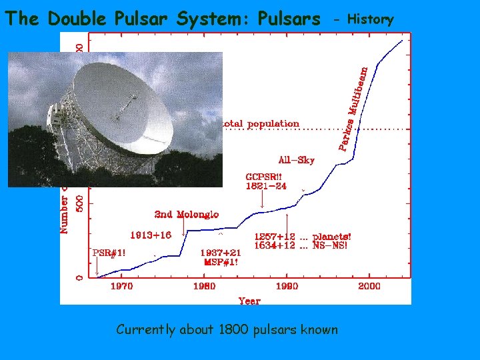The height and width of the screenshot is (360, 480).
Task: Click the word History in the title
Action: [x=371, y=19]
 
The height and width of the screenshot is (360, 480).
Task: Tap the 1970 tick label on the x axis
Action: [x=121, y=286]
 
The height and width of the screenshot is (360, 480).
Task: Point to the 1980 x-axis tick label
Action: [x=204, y=286]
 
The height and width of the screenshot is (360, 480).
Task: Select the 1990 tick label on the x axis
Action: [x=287, y=286]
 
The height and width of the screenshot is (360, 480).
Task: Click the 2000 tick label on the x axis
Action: [x=369, y=286]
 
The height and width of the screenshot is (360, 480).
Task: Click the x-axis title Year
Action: [x=249, y=301]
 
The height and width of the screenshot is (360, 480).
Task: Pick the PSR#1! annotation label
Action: [x=109, y=253]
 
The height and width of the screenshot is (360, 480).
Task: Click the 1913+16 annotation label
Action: [x=150, y=235]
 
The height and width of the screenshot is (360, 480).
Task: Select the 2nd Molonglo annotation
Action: [x=186, y=214]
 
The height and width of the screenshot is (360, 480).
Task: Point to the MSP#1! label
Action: [x=221, y=262]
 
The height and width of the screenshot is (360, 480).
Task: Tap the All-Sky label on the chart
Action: [x=296, y=160]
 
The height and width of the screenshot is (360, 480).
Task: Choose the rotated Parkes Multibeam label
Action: [x=353, y=107]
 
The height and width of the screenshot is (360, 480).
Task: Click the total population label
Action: [x=261, y=123]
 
